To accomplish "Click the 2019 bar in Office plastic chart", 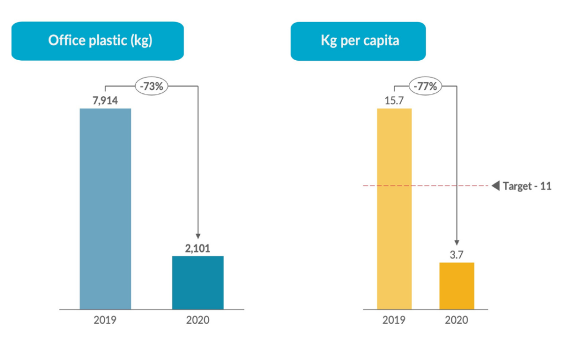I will [x=105, y=209].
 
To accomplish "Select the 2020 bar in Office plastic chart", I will [x=198, y=283].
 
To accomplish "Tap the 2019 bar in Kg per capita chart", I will [x=394, y=209].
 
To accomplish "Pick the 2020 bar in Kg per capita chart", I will [x=457, y=285].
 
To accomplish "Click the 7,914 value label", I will [x=105, y=100].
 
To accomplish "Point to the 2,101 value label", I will [x=198, y=248].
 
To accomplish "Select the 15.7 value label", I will [x=394, y=100].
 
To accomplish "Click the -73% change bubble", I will [x=152, y=86].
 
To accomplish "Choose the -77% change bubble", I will [x=425, y=86].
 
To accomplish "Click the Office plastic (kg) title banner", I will [x=98, y=41].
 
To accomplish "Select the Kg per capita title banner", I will [x=358, y=41].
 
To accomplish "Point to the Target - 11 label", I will [x=527, y=186].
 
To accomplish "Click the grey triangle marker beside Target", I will [x=495, y=186].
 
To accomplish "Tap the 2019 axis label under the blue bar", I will [x=105, y=320].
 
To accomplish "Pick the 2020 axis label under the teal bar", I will [x=198, y=320].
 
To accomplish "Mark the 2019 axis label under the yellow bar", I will [x=394, y=320].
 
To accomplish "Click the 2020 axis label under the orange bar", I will [x=457, y=320].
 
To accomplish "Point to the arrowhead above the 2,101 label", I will [x=198, y=237].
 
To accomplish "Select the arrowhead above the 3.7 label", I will [x=457, y=243].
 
